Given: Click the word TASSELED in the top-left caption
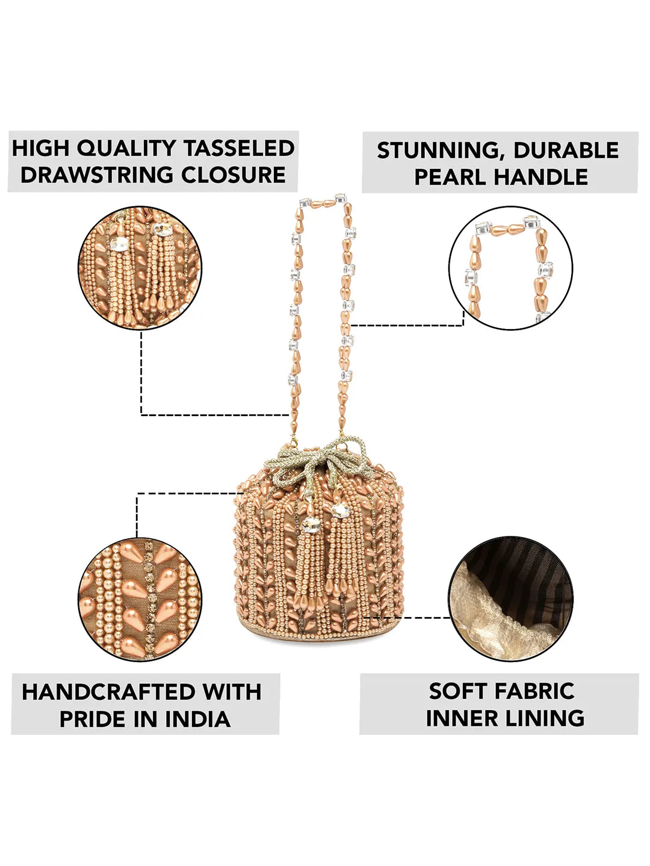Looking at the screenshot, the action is click(239, 149).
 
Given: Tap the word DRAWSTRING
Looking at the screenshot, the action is click(97, 175).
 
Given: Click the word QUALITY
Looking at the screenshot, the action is click(126, 149).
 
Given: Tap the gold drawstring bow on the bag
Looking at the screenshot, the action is click(322, 457).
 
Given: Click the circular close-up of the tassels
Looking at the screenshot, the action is click(140, 268).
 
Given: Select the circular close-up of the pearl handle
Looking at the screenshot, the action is click(511, 268).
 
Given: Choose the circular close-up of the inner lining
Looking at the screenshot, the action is click(511, 600).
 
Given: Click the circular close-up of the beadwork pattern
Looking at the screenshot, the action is click(140, 600).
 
